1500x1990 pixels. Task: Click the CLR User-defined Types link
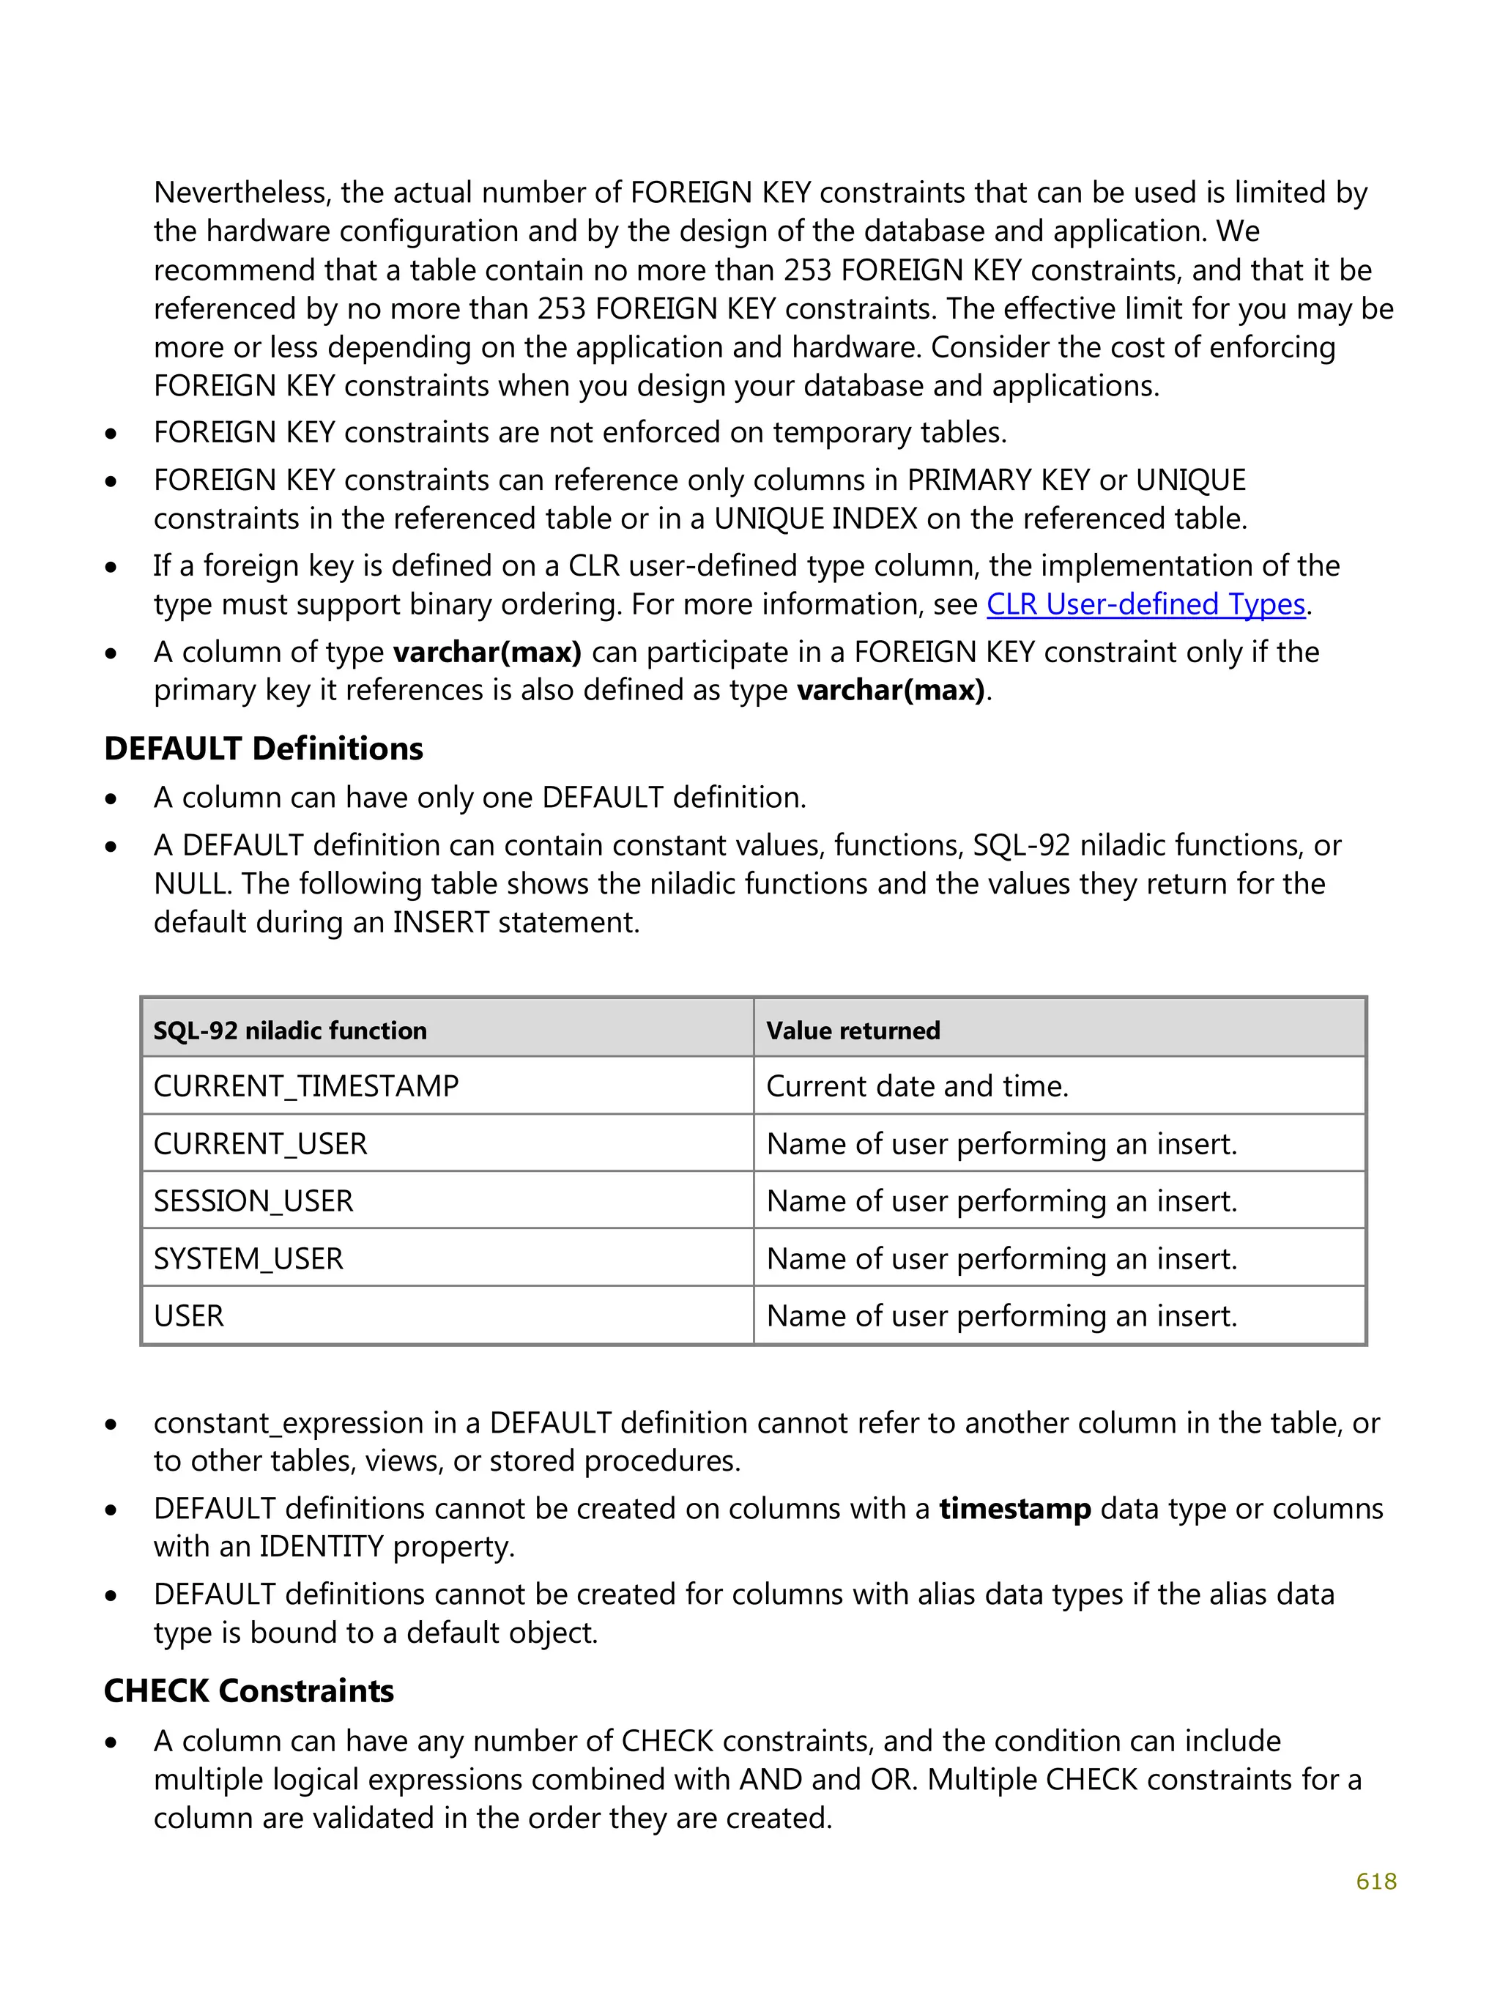1145,604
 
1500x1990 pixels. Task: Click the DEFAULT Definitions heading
263,749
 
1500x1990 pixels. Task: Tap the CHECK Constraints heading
248,1690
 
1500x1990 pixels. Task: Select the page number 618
1375,1880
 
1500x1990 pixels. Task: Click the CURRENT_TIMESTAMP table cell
306,1086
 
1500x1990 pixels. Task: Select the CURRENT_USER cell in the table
260,1143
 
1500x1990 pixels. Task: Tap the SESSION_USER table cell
253,1201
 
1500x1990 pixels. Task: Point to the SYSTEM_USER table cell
248,1258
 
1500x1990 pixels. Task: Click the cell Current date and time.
917,1086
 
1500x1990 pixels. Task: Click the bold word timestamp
1014,1508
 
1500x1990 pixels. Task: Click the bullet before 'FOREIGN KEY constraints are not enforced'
111,434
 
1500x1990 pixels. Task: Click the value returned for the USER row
1000,1316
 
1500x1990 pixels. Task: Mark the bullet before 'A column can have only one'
111,799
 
